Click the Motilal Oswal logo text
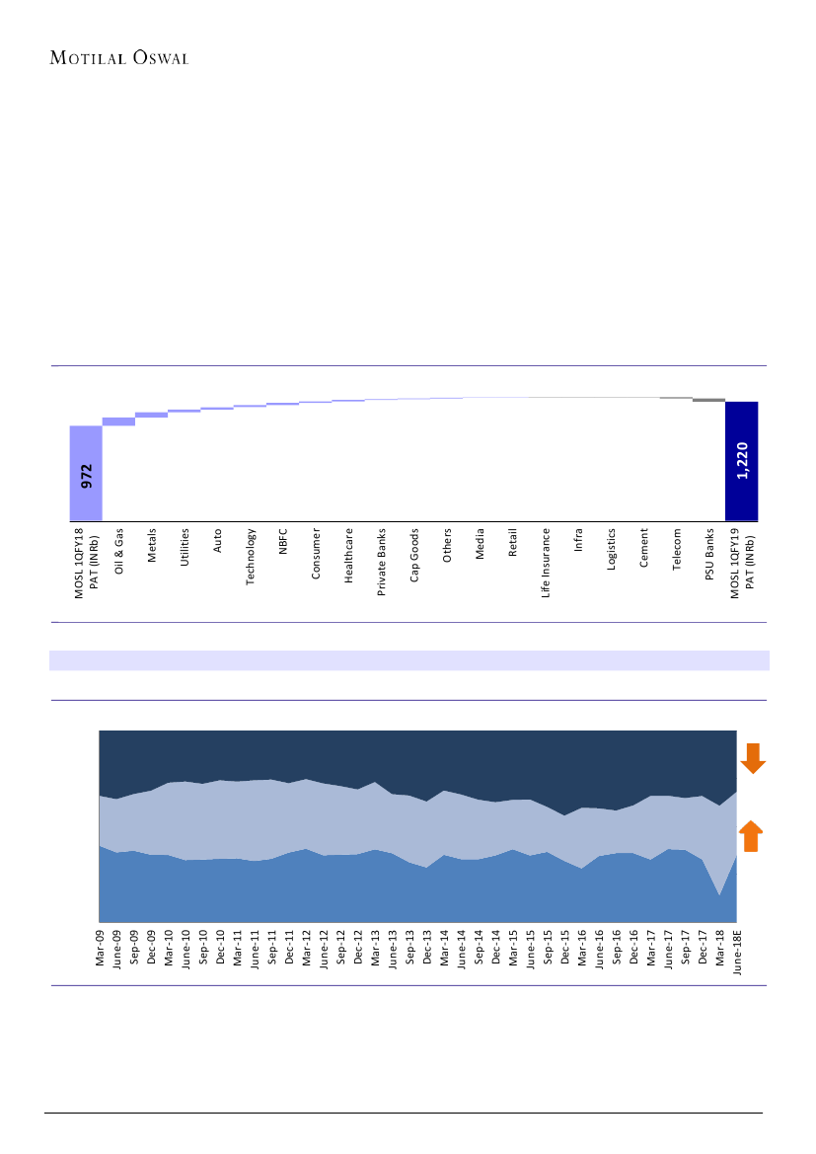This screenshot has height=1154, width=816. coord(119,56)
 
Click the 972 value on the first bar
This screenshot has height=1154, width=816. coord(86,475)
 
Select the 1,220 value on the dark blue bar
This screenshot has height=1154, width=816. coord(742,460)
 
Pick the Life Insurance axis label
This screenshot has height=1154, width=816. coord(546,564)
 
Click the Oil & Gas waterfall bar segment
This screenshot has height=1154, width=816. coord(118,422)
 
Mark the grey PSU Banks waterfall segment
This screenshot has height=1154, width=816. coord(708,400)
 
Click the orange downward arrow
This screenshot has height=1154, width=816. coord(753,758)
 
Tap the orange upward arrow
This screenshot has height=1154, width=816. coord(751,835)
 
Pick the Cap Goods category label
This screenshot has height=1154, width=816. coord(414,559)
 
